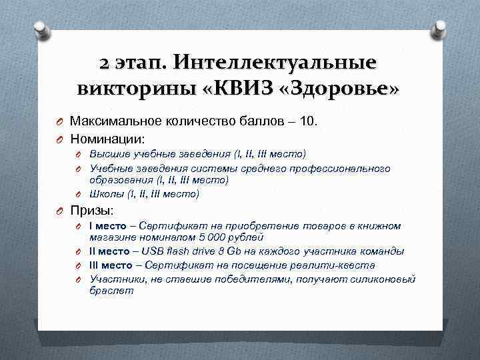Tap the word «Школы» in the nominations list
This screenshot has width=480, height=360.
tap(107, 194)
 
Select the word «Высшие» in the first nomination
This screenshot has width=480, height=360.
tap(109, 154)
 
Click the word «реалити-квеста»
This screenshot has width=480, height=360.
tap(341, 265)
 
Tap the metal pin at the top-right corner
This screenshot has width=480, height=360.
tap(439, 28)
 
